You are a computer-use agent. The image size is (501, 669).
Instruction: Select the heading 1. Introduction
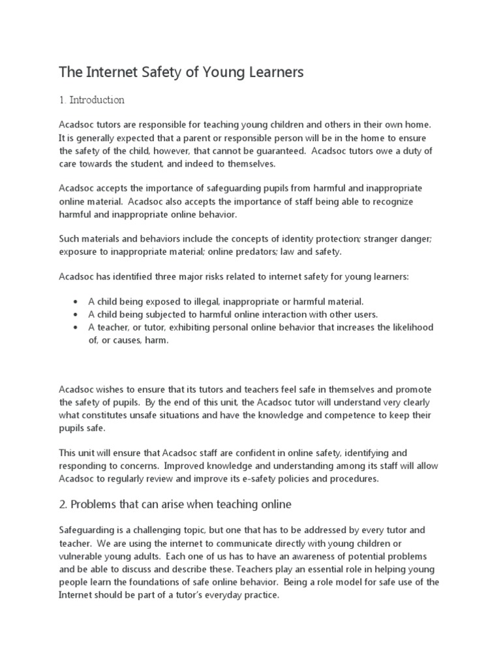91,101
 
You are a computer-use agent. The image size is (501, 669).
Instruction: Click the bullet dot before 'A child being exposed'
77,301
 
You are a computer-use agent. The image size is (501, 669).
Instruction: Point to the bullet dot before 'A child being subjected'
77,314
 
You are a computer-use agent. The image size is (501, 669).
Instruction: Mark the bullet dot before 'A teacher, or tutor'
77,327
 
